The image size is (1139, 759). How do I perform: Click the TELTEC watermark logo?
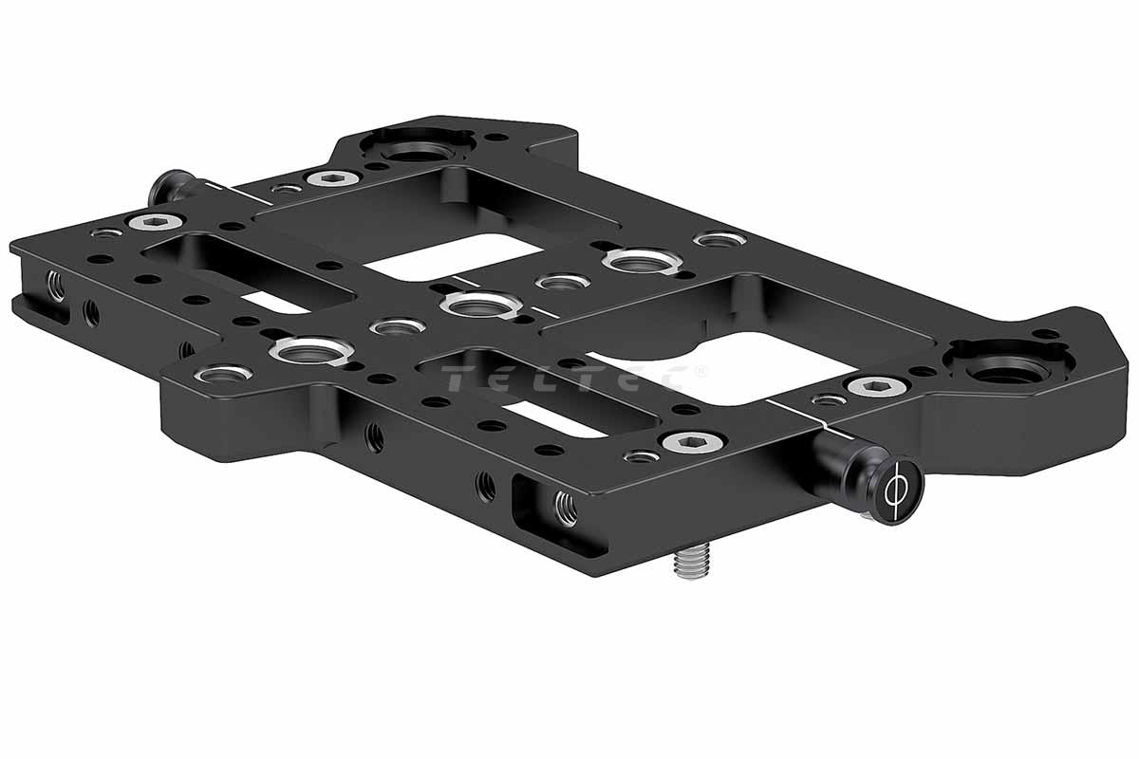[566, 379]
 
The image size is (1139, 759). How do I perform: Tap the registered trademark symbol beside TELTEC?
[700, 371]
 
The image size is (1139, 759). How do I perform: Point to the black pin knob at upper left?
[174, 187]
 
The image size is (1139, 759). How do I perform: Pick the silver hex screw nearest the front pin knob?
[694, 442]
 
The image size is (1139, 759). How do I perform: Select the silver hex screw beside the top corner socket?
[333, 177]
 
